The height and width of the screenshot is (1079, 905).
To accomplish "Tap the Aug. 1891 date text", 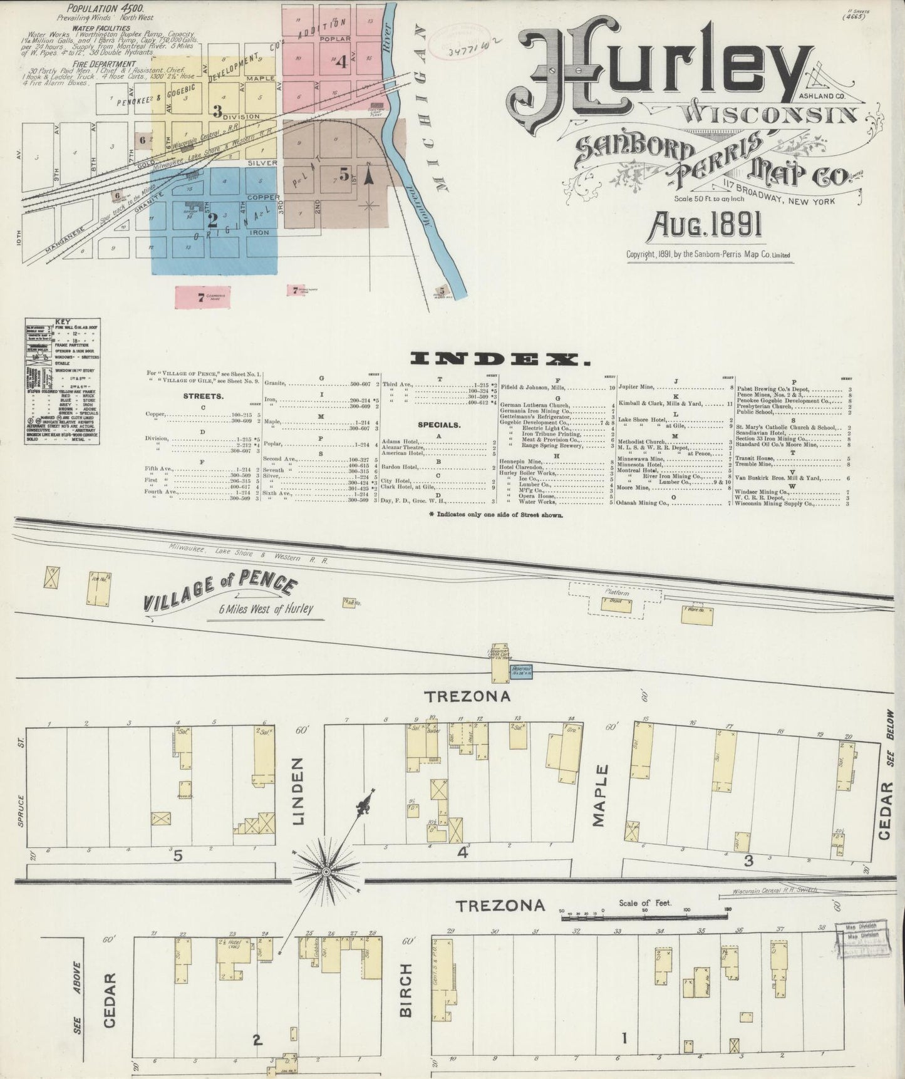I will [706, 225].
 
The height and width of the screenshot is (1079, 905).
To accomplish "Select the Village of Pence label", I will [219, 594].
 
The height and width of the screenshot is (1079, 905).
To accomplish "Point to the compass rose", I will [326, 872].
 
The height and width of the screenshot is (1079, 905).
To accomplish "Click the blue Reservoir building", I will [522, 669].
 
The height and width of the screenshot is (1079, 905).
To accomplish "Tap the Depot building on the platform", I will [616, 605].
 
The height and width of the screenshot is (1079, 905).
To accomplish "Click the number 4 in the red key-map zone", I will [341, 62].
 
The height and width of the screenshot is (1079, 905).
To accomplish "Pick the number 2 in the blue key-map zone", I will [212, 220].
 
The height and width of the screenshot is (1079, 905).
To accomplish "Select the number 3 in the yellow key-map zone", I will [217, 111].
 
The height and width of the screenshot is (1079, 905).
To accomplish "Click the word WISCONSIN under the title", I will [770, 114].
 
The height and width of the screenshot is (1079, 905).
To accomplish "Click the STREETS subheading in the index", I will [204, 396].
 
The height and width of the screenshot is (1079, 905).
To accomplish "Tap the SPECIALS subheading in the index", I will [440, 425].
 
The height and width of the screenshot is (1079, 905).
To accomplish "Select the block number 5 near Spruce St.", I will [178, 855].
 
